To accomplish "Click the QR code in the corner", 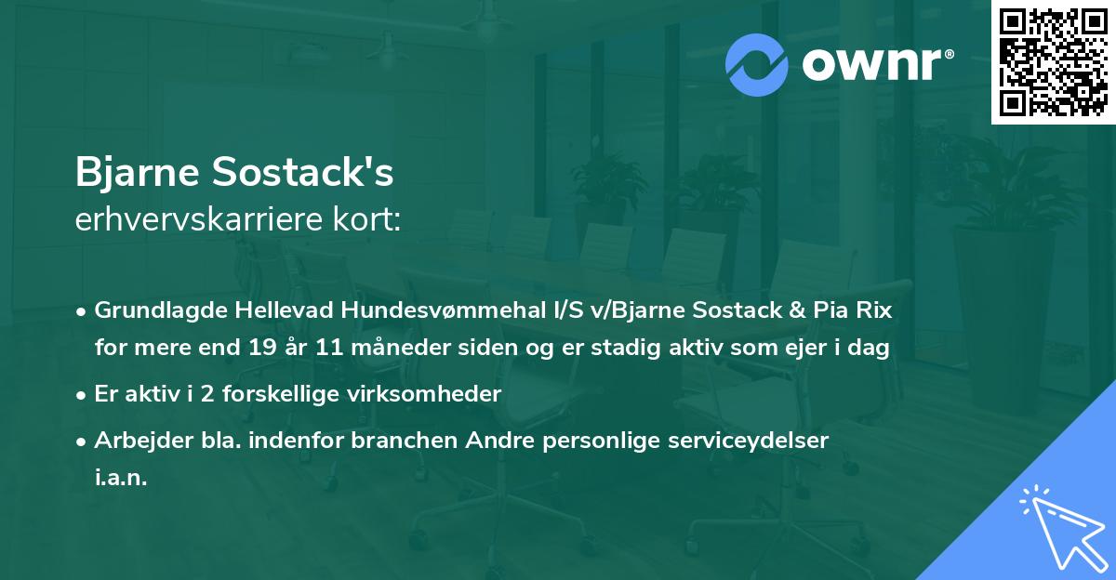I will (x=1053, y=62).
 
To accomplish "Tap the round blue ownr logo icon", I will (x=756, y=63).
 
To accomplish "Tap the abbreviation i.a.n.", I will (x=121, y=479).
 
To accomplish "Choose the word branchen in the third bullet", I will (x=394, y=441).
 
